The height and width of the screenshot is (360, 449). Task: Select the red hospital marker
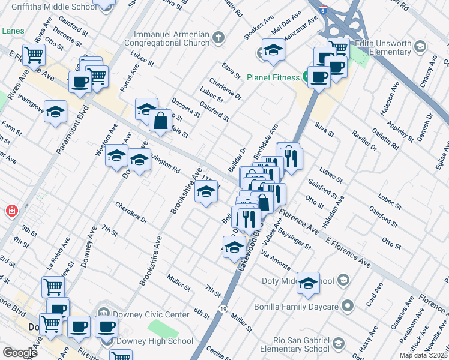(11, 211)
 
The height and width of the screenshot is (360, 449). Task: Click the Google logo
(20, 353)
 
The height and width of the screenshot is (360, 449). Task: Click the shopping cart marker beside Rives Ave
(34, 55)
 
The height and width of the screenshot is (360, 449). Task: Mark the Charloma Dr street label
(225, 88)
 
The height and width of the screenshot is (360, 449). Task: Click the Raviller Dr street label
(364, 142)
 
